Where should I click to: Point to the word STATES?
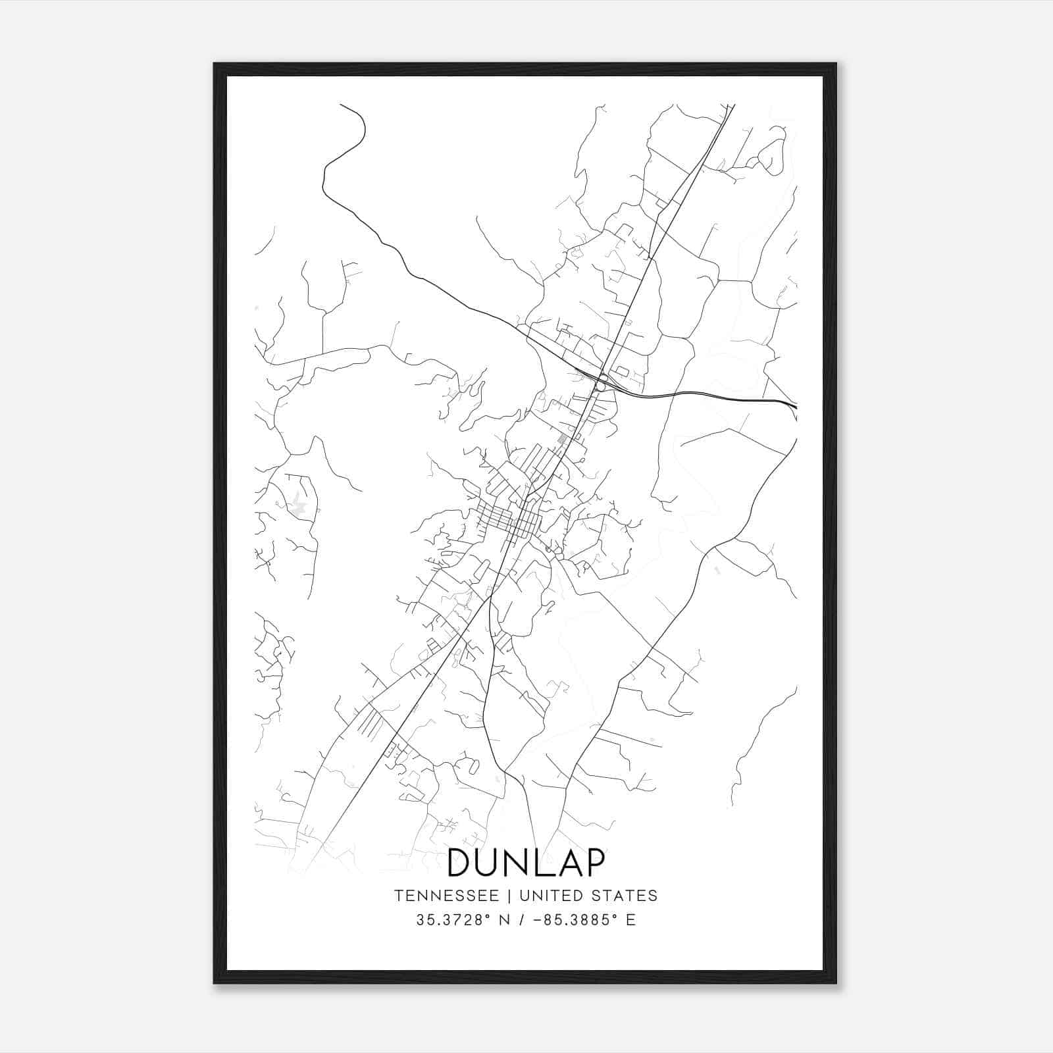[x=625, y=896]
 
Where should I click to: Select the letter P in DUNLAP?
[x=594, y=863]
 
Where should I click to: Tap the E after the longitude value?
[x=630, y=920]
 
